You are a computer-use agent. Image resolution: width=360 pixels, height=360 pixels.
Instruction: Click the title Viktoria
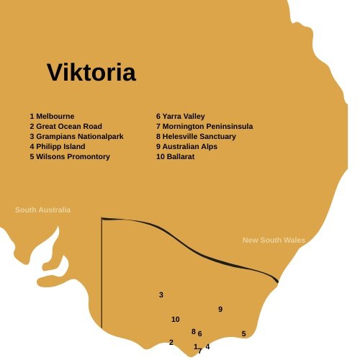point(91,73)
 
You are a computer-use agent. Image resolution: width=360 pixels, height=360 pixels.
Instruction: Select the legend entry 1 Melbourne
point(53,115)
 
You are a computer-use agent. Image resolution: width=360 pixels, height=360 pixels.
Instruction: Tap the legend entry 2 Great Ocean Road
point(66,126)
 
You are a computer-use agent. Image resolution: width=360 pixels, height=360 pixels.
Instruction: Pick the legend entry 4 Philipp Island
point(58,146)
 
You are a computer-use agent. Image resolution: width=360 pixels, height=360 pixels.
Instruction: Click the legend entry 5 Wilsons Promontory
point(70,156)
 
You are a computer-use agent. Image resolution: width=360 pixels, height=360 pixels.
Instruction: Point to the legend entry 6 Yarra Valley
point(181,115)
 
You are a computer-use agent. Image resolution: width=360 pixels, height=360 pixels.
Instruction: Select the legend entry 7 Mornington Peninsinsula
point(204,126)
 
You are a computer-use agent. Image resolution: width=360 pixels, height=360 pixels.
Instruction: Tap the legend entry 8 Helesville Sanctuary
point(196,136)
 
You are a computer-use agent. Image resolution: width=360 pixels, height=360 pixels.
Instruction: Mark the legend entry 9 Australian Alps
point(186,146)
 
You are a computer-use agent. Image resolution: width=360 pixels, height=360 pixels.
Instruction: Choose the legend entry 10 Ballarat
point(176,156)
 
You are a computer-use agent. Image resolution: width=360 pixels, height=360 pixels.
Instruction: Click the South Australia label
point(43,210)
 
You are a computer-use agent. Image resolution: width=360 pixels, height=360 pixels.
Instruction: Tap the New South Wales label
point(274,240)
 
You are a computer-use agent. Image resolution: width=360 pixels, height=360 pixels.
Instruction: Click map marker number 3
point(161,295)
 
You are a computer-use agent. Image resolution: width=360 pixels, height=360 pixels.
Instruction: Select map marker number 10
point(175,319)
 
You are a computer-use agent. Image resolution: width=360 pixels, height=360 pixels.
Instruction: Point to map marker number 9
point(220,309)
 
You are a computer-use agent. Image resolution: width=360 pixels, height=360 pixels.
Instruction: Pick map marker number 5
point(244,333)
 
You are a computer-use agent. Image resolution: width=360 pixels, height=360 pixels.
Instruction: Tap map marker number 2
point(171,342)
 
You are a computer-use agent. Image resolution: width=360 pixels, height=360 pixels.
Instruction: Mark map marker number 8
point(193,331)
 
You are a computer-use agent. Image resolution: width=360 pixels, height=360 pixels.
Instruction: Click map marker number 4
point(207,346)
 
